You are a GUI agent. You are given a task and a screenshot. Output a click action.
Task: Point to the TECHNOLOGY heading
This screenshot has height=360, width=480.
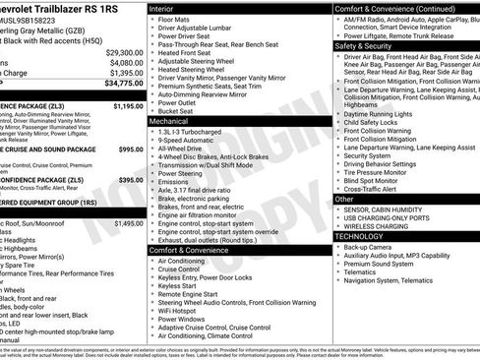point(358,236)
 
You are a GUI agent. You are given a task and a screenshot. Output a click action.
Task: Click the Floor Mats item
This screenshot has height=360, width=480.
point(174,19)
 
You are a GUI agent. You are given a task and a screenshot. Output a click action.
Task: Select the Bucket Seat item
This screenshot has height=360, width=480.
point(176,110)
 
